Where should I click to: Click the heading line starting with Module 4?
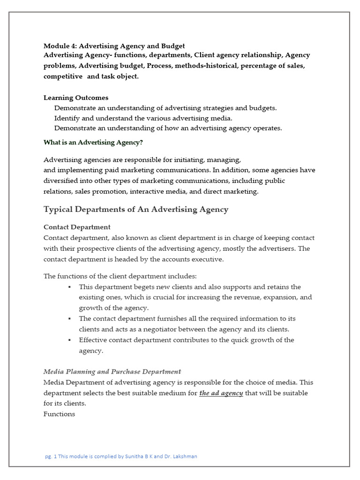(114, 46)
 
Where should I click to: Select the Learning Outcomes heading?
(76, 98)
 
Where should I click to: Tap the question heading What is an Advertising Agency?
(93, 142)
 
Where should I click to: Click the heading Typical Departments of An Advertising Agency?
(136, 210)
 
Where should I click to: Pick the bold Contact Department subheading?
(77, 227)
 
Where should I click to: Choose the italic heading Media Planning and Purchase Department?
(112, 372)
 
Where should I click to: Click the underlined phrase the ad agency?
(221, 393)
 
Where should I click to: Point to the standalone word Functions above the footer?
(59, 414)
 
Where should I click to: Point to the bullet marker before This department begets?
(69, 287)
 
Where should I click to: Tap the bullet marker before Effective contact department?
(69, 340)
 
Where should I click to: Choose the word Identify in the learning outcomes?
(67, 118)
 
